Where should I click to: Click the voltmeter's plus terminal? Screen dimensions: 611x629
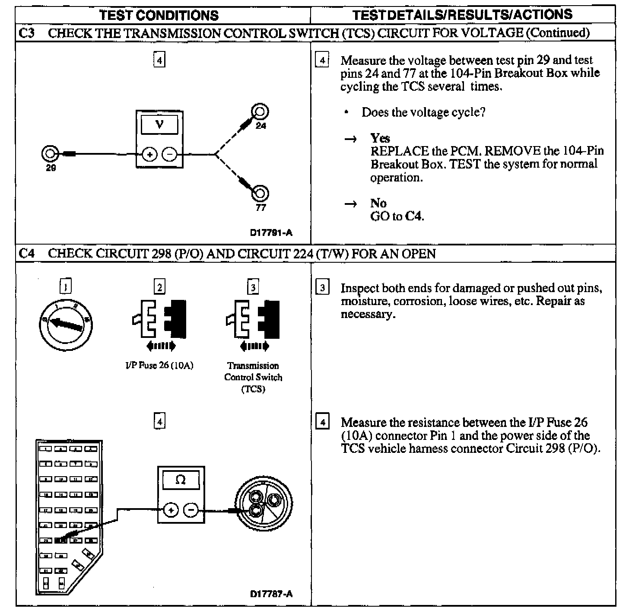149,154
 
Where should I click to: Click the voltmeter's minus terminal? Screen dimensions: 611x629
170,154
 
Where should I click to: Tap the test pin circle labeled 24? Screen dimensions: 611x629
260,112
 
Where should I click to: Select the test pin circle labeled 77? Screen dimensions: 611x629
260,193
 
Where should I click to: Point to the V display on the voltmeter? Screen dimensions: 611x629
159,125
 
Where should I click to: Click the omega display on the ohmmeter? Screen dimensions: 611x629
181,480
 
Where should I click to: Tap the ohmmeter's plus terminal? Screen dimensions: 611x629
171,510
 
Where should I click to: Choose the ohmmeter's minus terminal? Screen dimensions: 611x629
191,510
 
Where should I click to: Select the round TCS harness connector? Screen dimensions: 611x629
263,505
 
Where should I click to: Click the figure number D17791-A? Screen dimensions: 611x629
271,233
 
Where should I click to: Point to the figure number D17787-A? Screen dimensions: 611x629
271,594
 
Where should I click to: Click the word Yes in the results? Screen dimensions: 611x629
380,138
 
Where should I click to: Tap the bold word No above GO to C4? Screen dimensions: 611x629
378,203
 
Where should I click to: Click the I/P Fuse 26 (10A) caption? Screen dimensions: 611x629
159,366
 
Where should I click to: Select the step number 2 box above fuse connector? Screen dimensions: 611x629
160,287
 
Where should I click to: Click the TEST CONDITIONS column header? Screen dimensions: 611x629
159,16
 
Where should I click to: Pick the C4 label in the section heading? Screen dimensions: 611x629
27,254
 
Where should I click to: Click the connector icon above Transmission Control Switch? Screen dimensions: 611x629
253,319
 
